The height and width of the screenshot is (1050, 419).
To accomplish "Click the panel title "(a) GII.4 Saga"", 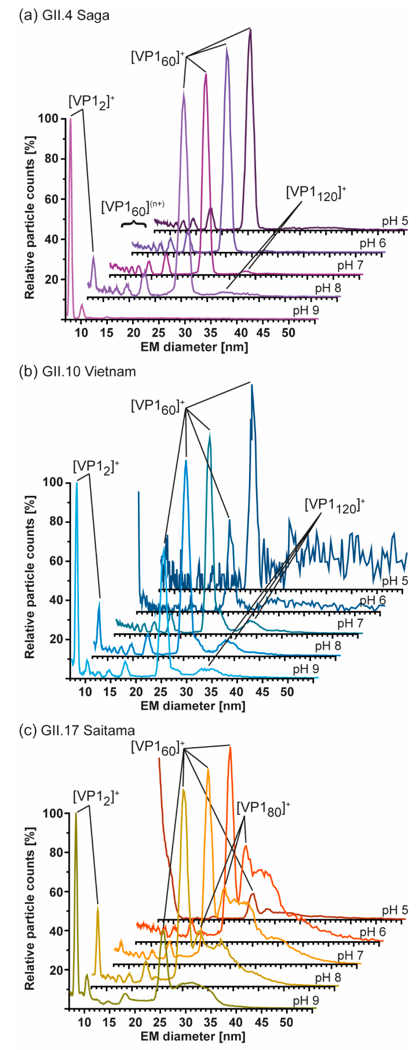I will tap(64, 15).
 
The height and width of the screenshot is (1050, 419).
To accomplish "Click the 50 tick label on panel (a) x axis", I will tap(288, 333).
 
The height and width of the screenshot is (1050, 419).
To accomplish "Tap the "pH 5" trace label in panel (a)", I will tap(395, 221).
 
